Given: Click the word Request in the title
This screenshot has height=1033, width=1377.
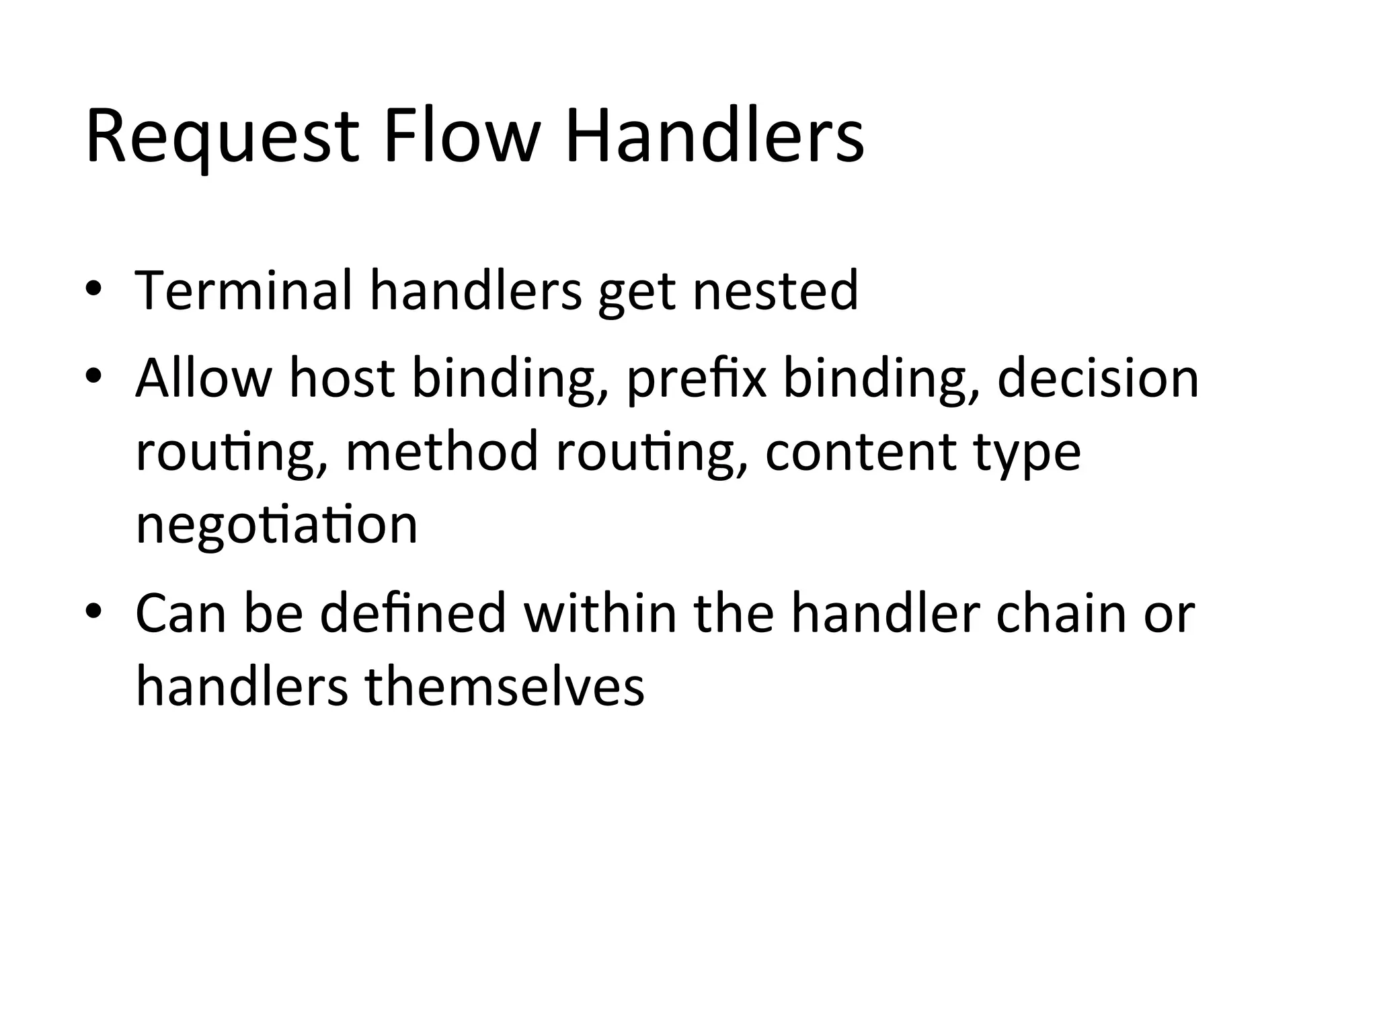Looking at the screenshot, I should (x=223, y=137).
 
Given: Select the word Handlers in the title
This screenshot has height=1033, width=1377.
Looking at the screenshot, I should (x=714, y=137).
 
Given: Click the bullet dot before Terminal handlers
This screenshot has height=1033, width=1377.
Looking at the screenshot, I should (x=93, y=291).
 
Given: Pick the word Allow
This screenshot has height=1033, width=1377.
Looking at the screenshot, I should (x=204, y=378).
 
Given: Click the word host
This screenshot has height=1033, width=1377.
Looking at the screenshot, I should (x=342, y=378).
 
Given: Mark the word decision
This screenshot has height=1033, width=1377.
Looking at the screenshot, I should (x=1098, y=378).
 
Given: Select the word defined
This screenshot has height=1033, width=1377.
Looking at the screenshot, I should (x=413, y=613).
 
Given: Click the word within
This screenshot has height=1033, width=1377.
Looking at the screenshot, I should (x=600, y=613).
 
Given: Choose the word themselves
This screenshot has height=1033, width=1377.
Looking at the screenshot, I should (x=504, y=687).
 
